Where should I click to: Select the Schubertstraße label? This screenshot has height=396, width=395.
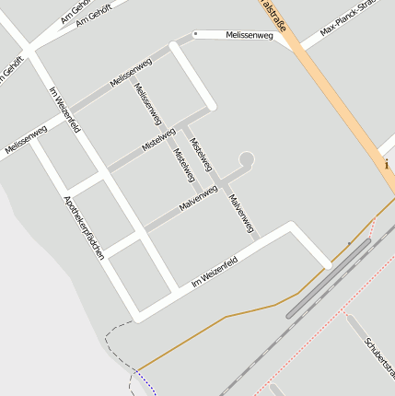[x=378, y=358]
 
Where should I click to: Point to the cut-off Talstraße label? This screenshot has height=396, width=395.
[x=273, y=15]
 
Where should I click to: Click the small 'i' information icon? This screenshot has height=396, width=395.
[x=387, y=164]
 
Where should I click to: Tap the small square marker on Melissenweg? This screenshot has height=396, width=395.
[x=195, y=33]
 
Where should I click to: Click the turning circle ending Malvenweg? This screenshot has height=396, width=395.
[x=246, y=158]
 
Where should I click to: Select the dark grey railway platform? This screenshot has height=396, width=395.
[x=328, y=278]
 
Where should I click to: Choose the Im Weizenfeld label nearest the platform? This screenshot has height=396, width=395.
[x=215, y=273]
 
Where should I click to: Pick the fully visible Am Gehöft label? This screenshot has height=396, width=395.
[x=93, y=14]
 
